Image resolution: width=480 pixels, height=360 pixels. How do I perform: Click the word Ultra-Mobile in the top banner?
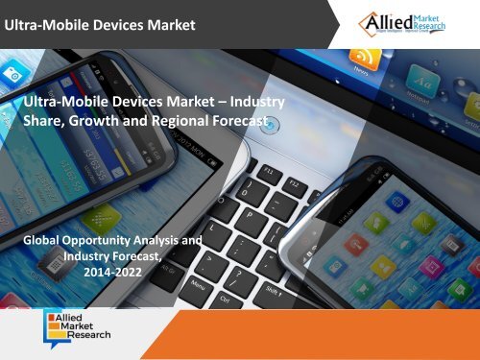(45, 24)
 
